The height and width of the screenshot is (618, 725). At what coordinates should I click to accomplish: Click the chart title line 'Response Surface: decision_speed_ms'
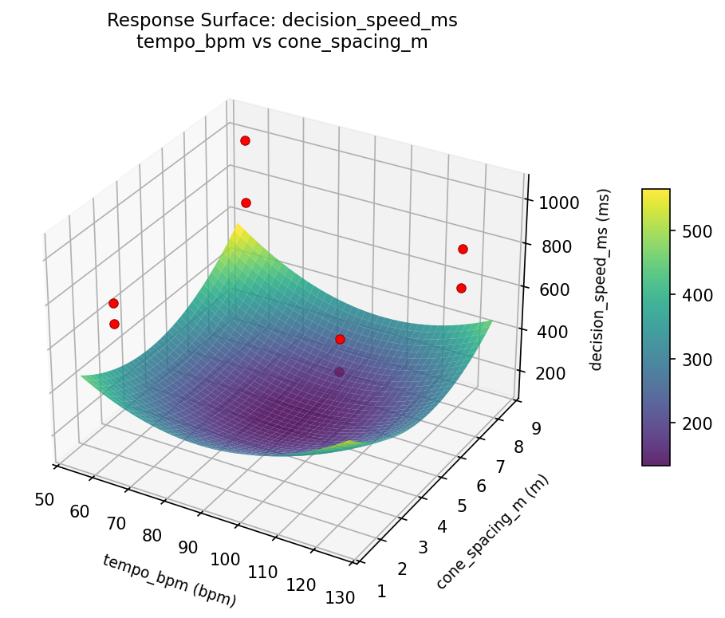(282, 20)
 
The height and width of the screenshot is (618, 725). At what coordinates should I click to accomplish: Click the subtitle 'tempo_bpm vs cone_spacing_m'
(282, 42)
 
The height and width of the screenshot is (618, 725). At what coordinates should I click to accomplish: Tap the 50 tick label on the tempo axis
(45, 499)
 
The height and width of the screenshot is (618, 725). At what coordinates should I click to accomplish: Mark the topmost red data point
(245, 140)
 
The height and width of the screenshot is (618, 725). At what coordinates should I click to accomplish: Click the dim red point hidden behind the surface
(339, 372)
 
